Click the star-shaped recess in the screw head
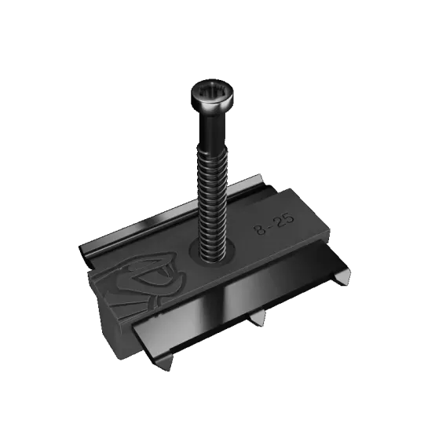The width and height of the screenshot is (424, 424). click(x=212, y=93)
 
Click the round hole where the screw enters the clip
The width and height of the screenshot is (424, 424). click(x=212, y=253)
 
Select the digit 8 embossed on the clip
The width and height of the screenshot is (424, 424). click(x=261, y=230)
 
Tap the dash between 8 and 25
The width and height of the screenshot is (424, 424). click(x=271, y=226)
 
